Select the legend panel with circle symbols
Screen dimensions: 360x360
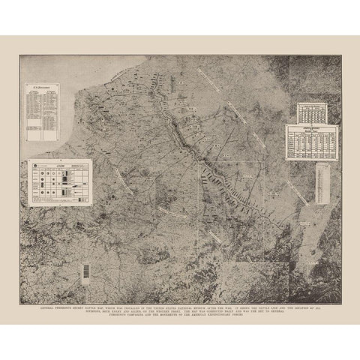[x=60, y=181]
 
